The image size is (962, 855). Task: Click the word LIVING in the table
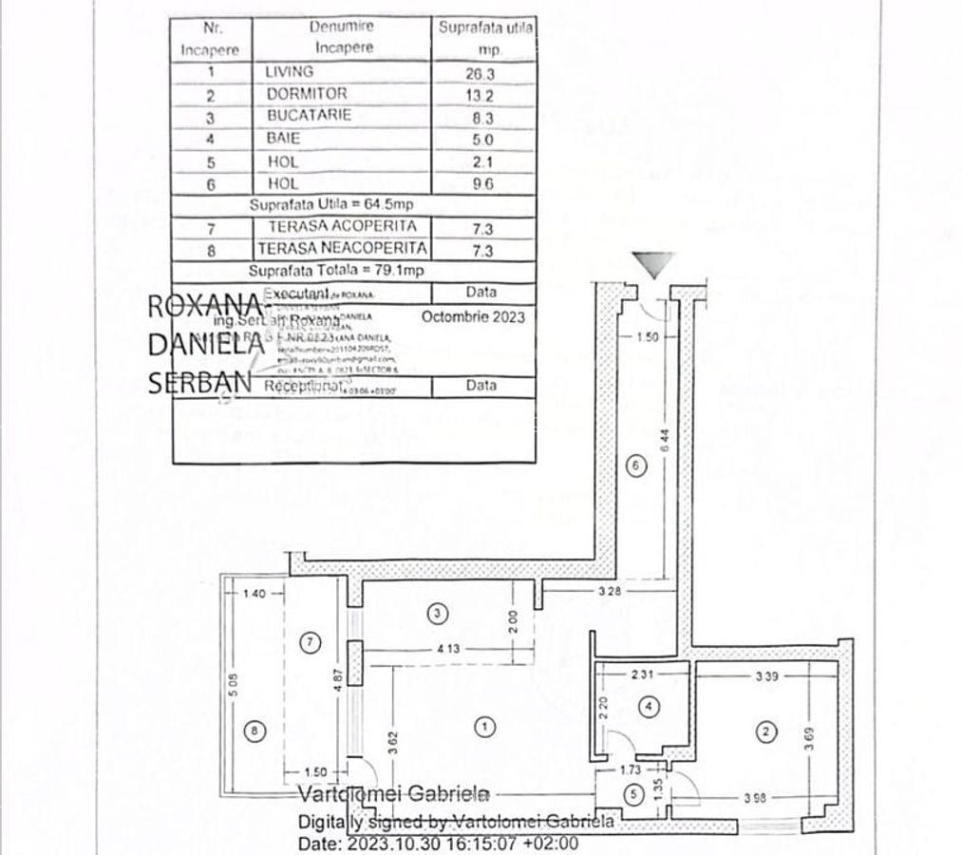(x=290, y=71)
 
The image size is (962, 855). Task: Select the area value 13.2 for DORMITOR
(x=483, y=94)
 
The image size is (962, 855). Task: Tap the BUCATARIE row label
(x=309, y=115)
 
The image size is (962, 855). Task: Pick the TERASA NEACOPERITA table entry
(x=333, y=249)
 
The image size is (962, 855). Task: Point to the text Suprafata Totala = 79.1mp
(x=336, y=271)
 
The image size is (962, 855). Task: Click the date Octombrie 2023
(x=473, y=317)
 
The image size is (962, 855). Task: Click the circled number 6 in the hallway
(x=637, y=465)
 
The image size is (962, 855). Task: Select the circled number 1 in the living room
(x=485, y=728)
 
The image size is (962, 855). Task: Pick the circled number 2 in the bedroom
(x=766, y=731)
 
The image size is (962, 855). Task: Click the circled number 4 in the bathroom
(x=649, y=707)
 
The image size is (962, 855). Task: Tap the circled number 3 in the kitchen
(x=437, y=614)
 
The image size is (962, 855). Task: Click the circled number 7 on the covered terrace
(x=309, y=642)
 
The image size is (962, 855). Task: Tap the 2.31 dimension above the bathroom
(x=643, y=675)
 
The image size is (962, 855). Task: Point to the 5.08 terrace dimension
(x=233, y=688)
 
